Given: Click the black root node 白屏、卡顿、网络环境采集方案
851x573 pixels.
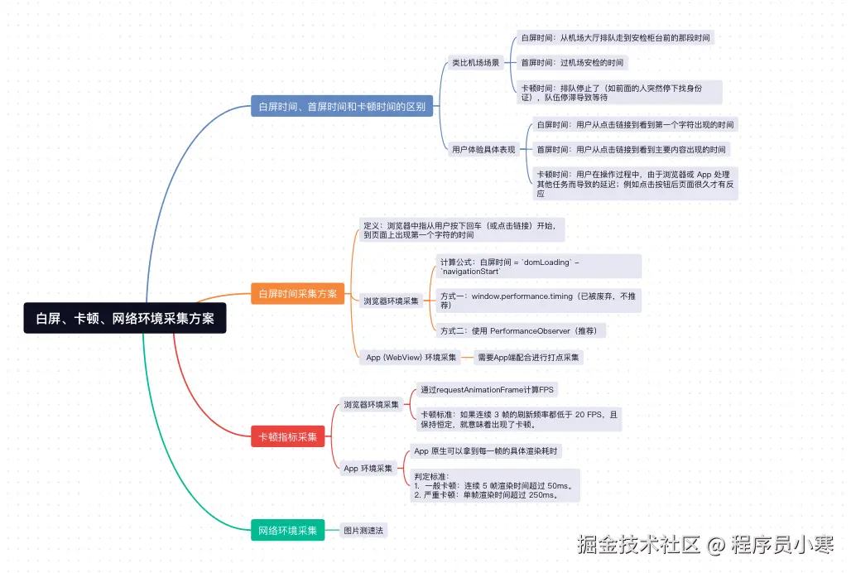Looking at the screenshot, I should [124, 318].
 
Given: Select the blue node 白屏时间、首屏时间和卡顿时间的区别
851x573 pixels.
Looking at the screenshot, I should [342, 106].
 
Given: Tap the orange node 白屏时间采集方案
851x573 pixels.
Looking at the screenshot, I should [297, 293].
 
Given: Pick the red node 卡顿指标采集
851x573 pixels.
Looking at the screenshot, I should [287, 436].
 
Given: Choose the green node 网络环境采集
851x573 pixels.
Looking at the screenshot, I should [287, 530].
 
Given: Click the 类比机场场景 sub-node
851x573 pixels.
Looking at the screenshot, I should [476, 62].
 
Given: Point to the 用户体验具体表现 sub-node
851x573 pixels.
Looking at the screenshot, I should [483, 150].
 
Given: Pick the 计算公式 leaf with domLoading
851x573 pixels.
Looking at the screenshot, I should [538, 267].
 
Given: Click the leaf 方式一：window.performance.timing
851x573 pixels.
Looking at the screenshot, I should [538, 301].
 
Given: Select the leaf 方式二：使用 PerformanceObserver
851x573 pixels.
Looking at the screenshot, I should [522, 331].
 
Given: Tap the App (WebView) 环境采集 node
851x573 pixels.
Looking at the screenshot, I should [411, 358].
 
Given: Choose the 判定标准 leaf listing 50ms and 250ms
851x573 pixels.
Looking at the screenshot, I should [495, 486].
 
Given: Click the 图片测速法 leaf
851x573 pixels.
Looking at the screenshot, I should [364, 530].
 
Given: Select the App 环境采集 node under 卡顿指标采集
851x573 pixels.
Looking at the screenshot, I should [368, 468].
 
